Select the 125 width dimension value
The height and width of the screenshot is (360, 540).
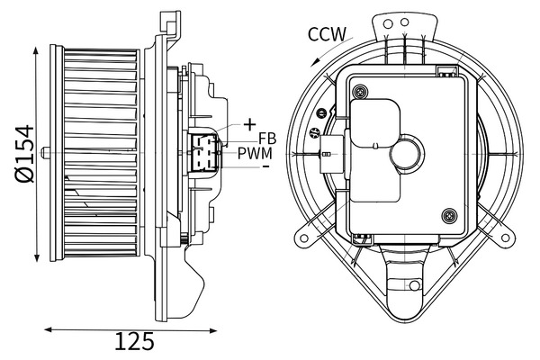[134, 342]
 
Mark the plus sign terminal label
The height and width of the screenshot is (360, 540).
[249, 123]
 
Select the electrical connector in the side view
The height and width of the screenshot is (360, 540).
[203, 150]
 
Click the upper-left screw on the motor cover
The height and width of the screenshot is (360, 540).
[360, 91]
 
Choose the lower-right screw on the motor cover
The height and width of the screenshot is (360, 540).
[448, 214]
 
